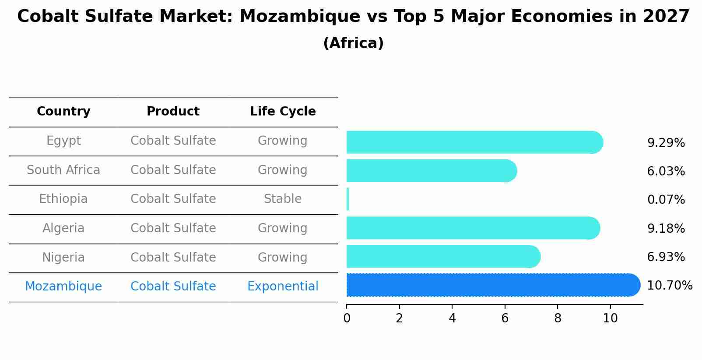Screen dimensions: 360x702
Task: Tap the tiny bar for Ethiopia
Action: (x=348, y=199)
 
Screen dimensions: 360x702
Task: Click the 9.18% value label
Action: (x=666, y=228)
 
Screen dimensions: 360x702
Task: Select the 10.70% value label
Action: (x=669, y=285)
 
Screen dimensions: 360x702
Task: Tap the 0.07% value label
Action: (x=666, y=199)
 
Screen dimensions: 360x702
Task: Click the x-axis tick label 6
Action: (x=505, y=318)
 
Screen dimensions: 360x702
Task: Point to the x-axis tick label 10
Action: (x=610, y=318)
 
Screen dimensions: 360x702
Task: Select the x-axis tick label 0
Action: (x=347, y=318)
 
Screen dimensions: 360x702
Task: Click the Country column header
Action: (x=63, y=112)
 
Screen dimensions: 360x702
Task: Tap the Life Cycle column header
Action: (x=283, y=112)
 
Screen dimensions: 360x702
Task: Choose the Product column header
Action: (x=173, y=112)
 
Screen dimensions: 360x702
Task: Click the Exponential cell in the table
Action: (x=283, y=287)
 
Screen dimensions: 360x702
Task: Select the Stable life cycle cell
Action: (x=283, y=199)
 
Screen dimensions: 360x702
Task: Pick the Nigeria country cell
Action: (x=63, y=257)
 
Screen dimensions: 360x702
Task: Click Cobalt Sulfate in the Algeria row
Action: (x=173, y=228)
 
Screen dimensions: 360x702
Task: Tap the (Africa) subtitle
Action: (x=353, y=43)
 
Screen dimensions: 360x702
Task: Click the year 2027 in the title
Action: (x=666, y=17)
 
